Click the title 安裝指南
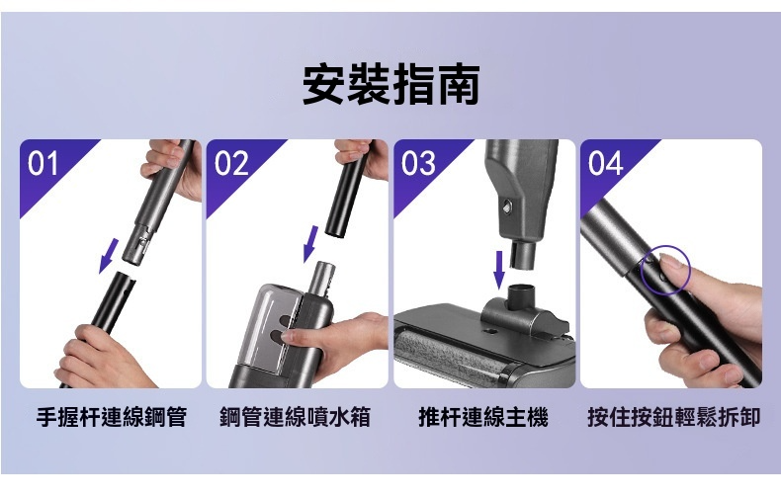[x=391, y=84]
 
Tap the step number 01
[x=43, y=163]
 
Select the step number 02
[x=231, y=163]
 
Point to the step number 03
[x=418, y=163]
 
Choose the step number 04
[x=605, y=163]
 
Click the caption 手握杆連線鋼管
[x=112, y=417]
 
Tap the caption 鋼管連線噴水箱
[x=296, y=417]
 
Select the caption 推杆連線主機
[x=483, y=417]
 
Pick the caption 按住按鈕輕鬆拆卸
[x=674, y=417]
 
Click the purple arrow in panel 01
[x=109, y=256]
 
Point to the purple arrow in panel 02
[x=310, y=244]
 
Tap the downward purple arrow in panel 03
[x=498, y=270]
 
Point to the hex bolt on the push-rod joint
[x=507, y=206]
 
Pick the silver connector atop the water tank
[x=321, y=278]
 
